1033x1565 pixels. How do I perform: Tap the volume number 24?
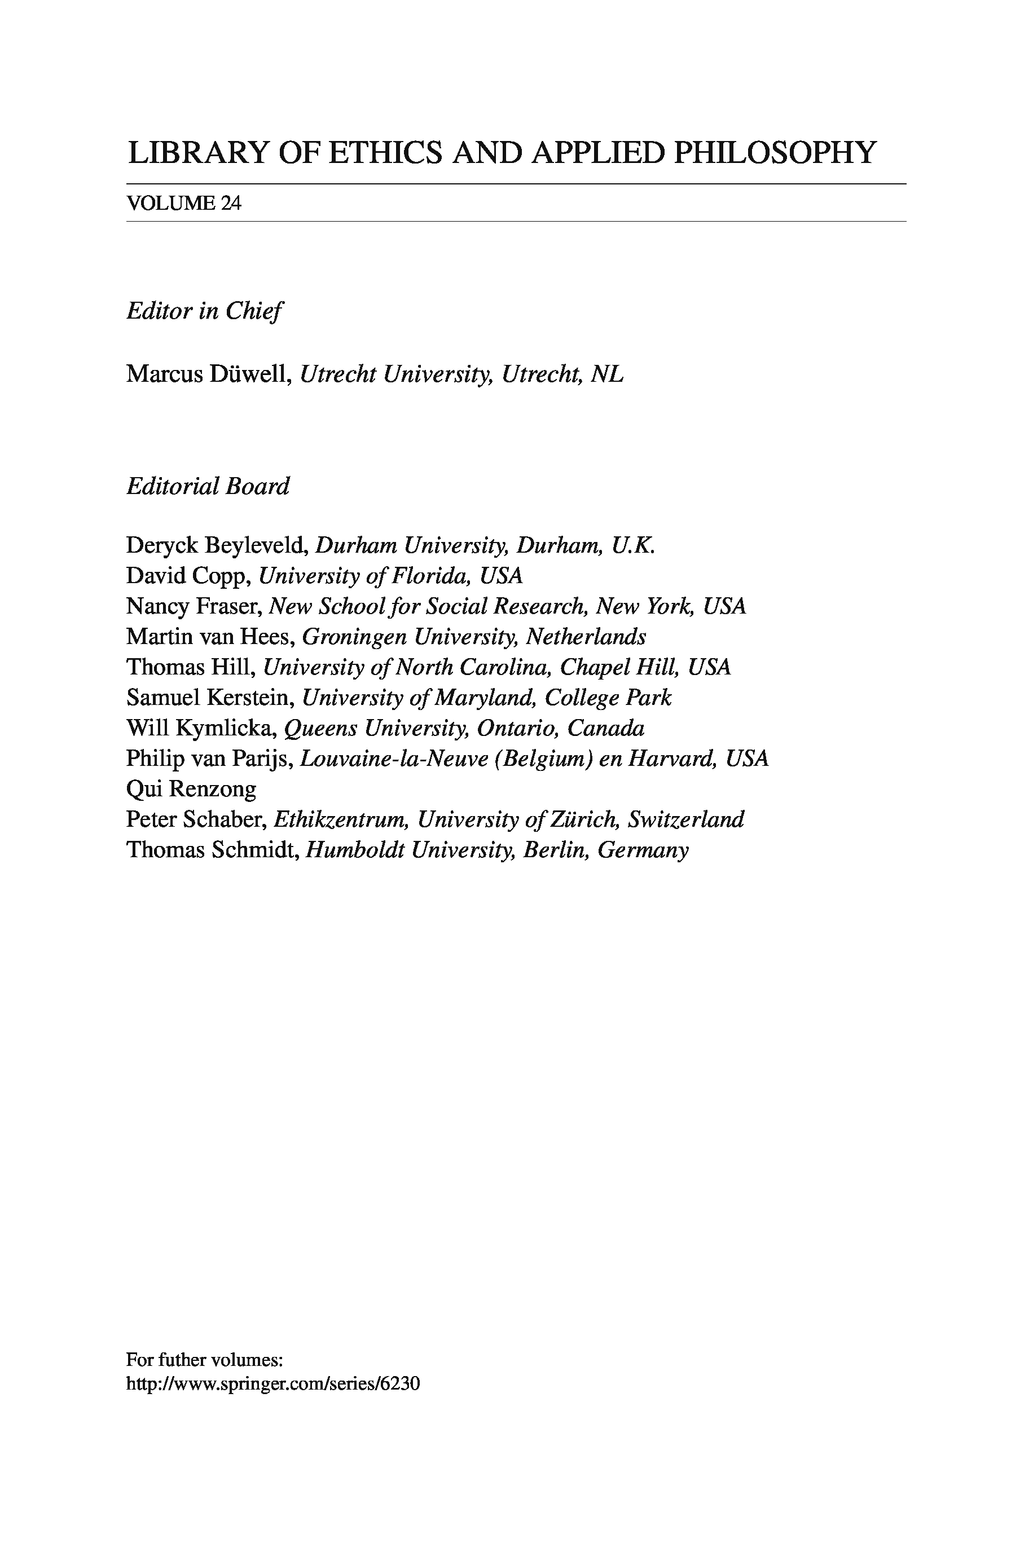231,204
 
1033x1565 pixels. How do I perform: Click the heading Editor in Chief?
204,311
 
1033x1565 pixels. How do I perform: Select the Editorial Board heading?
208,486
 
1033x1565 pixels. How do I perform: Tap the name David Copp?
188,576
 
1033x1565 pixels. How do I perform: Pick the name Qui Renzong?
191,789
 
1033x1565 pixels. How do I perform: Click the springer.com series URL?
272,1383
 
